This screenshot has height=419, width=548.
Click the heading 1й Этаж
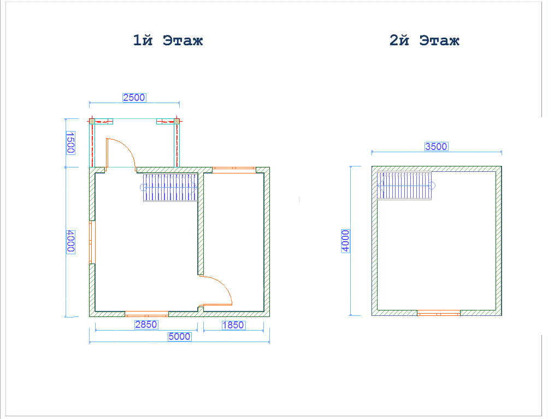click(168, 40)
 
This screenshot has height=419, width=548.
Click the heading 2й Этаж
click(425, 40)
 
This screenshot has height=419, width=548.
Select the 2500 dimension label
click(134, 98)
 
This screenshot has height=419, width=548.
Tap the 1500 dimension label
click(70, 143)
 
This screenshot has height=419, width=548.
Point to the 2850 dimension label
click(146, 325)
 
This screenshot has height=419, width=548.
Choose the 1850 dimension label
click(233, 325)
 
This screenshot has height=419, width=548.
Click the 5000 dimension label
click(180, 336)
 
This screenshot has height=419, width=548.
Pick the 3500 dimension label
click(436, 147)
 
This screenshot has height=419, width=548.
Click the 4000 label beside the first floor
click(70, 242)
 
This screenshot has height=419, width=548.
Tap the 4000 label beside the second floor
click(345, 241)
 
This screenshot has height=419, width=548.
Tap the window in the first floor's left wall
click(92, 242)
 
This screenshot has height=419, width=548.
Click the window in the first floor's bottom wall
click(147, 314)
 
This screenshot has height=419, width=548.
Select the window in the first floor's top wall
click(234, 170)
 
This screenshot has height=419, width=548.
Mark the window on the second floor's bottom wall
click(439, 313)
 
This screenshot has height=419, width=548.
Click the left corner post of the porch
click(92, 122)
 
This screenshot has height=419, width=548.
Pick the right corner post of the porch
click(177, 122)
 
